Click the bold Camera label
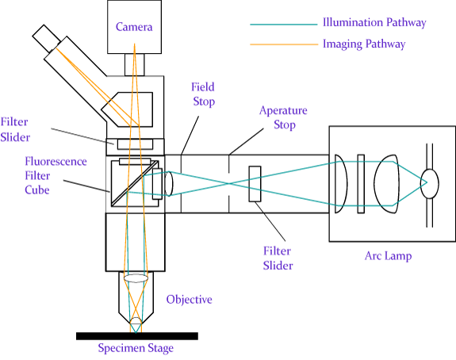tap(133, 28)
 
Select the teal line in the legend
tap(282, 25)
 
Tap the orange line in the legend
tap(282, 44)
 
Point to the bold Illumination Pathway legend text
tap(374, 23)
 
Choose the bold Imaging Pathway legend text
tap(364, 44)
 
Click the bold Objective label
tap(190, 299)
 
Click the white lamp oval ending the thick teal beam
tap(429, 183)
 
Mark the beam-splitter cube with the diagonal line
tap(134, 182)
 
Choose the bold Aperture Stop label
tap(283, 117)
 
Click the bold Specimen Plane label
tap(135, 347)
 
